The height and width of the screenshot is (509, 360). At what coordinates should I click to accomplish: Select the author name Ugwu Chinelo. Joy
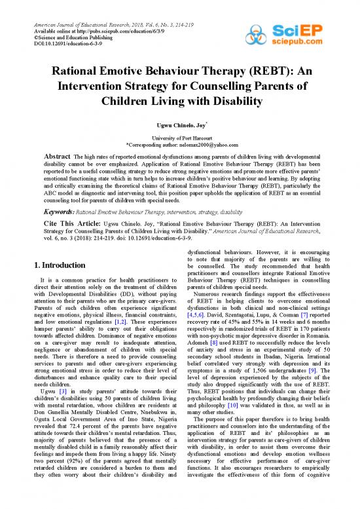click(x=179, y=124)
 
